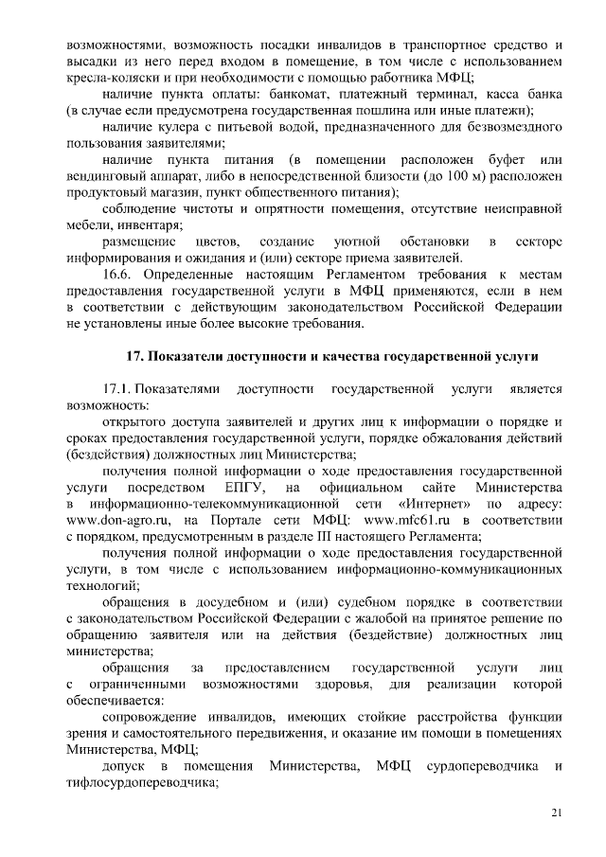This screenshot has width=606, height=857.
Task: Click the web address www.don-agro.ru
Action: pyautogui.click(x=120, y=520)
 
